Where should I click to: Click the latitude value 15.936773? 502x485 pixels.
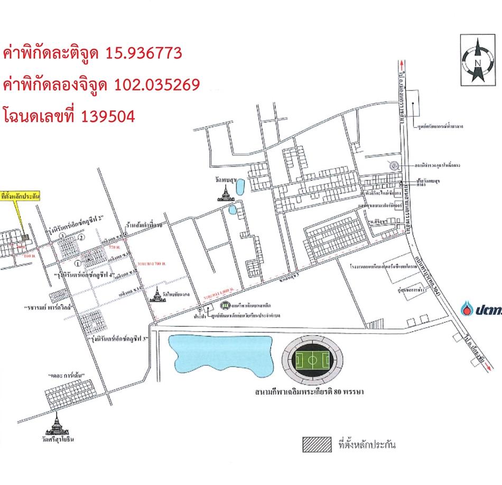(144, 53)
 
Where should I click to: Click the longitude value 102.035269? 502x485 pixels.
(157, 85)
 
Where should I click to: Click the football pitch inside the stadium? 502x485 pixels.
(312, 362)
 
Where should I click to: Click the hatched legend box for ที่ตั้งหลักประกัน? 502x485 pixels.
(316, 444)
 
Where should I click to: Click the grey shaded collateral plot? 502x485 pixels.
(26, 238)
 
